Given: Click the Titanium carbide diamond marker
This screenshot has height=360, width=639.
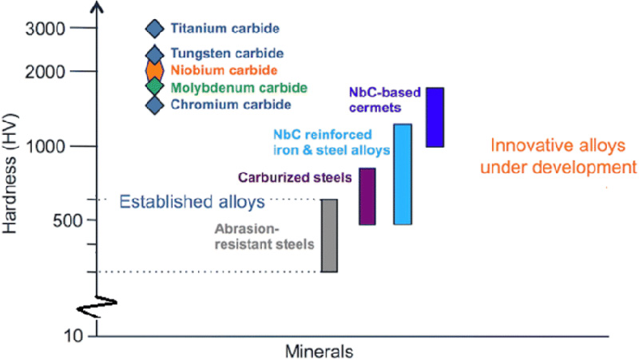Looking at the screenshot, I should [x=154, y=29].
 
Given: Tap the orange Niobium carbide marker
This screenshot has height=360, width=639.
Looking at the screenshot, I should [x=154, y=69].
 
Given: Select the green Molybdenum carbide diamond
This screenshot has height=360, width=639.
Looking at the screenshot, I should [x=154, y=87].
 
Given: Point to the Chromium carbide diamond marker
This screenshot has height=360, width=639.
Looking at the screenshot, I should [x=154, y=105].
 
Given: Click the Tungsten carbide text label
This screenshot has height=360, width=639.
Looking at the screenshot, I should [x=227, y=53].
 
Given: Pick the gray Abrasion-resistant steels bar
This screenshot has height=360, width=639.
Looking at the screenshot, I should [x=329, y=235].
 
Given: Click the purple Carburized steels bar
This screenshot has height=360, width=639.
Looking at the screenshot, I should [x=367, y=196].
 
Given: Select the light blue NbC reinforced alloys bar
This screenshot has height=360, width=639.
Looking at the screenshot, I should [x=403, y=174].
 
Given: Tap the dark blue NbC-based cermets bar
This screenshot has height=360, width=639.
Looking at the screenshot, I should [x=435, y=117].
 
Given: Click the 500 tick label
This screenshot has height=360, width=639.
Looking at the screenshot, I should [x=58, y=220].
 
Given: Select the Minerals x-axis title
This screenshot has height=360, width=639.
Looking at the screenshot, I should [x=319, y=350].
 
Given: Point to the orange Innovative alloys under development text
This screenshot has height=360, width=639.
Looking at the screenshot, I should [x=563, y=156].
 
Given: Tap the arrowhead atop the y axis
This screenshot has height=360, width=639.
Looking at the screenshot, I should [x=97, y=7].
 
